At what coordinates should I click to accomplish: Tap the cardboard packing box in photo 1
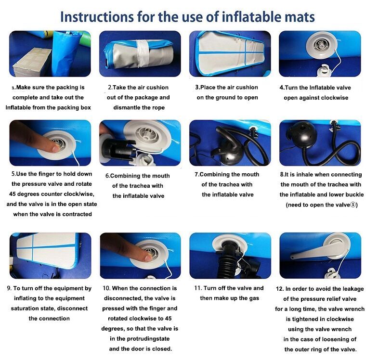pyautogui.click(x=32, y=62)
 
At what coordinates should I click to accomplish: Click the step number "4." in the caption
pyautogui.click(x=282, y=88)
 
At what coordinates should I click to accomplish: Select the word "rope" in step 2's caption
pyautogui.click(x=158, y=108)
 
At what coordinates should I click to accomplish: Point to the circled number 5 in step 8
pyautogui.click(x=352, y=205)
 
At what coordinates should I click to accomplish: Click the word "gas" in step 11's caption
pyautogui.click(x=254, y=298)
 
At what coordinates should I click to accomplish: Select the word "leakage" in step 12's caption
pyautogui.click(x=352, y=289)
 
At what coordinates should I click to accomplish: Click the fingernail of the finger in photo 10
pyautogui.click(x=148, y=257)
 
